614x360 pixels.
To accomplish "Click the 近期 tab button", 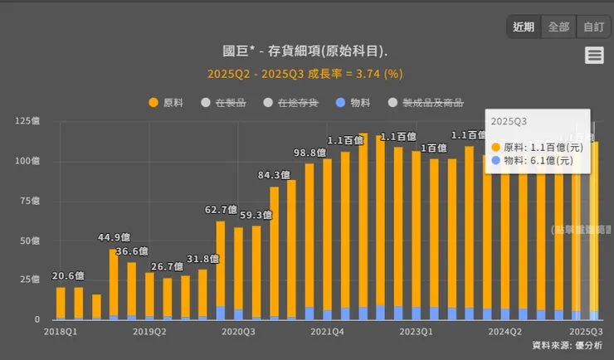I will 524,27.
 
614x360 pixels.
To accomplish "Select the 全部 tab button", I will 558,27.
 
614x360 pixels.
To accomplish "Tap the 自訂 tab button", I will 593,27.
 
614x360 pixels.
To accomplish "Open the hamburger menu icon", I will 593,56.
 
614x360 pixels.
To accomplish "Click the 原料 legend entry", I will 166,103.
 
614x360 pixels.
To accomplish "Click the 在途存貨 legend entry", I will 290,103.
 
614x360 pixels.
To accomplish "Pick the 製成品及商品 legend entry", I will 426,103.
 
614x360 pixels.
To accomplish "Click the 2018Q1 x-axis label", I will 60,331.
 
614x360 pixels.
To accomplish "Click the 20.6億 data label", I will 68,276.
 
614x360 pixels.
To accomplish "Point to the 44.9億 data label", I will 114,237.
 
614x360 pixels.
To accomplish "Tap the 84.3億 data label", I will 274,175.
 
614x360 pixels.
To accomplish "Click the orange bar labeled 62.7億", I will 221,261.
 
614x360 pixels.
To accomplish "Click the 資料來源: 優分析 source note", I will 567,345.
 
